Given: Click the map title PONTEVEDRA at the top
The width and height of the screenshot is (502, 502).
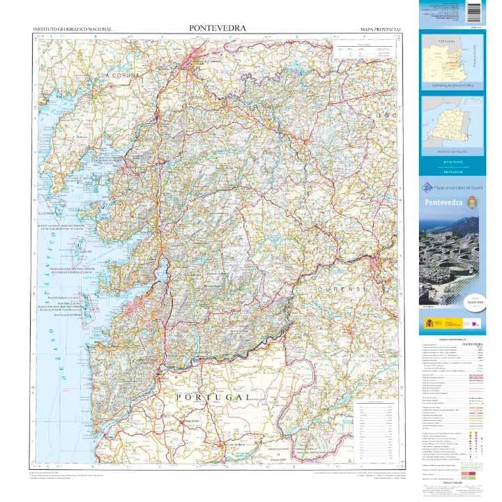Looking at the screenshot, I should tap(217, 29).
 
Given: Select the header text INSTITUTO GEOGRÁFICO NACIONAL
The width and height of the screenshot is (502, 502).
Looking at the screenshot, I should tap(73, 30).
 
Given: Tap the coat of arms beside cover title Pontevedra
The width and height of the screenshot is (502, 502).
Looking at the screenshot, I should tap(472, 201).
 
